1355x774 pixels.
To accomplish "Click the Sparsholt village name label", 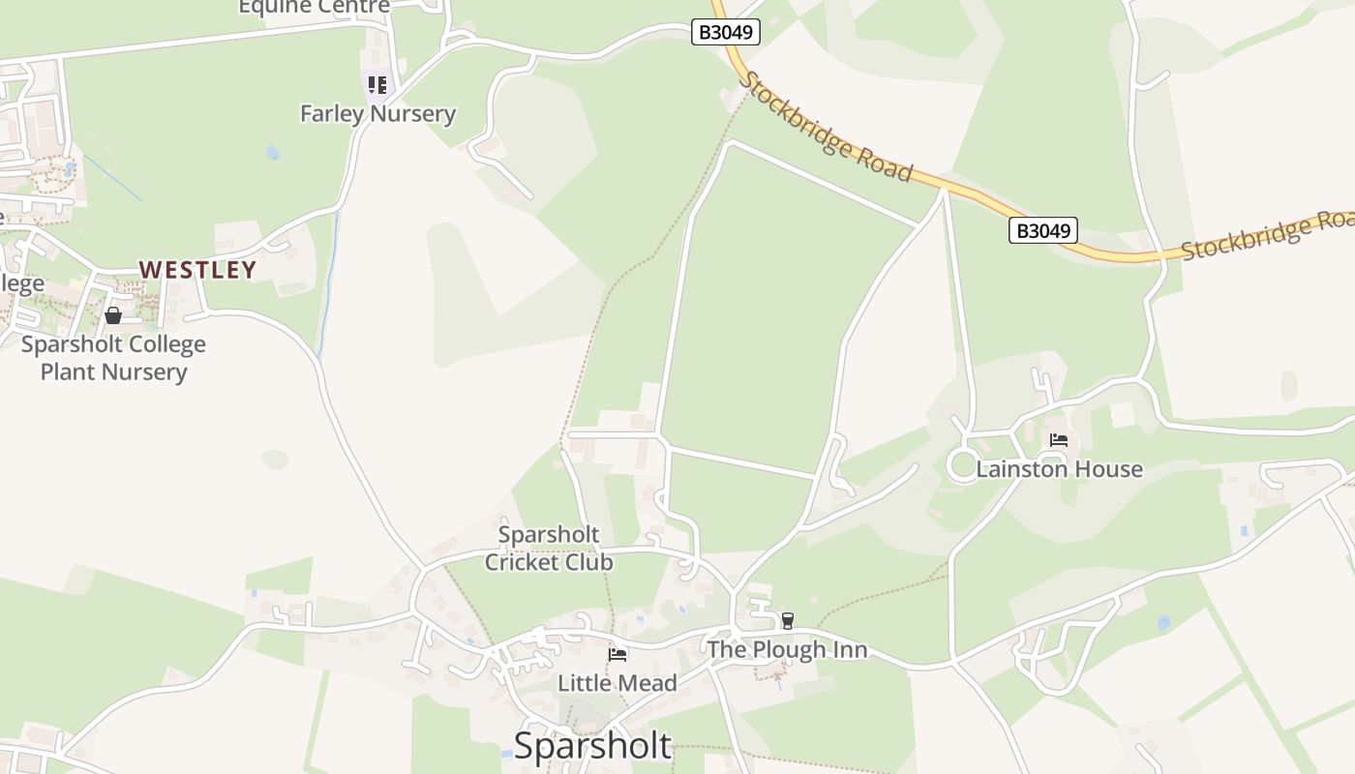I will coord(592,746).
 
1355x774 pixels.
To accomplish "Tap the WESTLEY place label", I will coord(198,270).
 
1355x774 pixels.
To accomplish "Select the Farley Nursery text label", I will coord(377,113).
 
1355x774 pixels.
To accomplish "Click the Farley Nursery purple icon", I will coord(376,85).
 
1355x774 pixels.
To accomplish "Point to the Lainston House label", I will coord(1059,469).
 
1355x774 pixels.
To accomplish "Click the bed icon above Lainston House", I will coord(1059,440).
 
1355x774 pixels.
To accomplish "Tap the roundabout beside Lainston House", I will coord(964,465).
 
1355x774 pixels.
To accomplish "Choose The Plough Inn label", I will coord(787,649).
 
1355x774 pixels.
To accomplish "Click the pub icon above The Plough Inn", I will coord(788,621).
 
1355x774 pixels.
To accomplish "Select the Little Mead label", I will coord(617,683).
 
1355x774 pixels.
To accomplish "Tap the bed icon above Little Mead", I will coord(617,655).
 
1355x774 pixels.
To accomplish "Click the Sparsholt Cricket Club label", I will coord(549,548).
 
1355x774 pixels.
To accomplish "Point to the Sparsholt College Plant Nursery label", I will coord(113,358).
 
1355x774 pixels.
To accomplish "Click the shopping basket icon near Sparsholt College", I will coord(113,315).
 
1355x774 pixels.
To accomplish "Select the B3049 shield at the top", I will coord(726,32).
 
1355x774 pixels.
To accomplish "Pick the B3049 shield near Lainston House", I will coord(1042,230).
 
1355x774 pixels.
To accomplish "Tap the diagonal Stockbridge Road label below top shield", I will coord(826,127).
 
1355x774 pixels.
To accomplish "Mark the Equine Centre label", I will coord(315,8).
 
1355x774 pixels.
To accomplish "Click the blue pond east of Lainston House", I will coord(1163,622).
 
